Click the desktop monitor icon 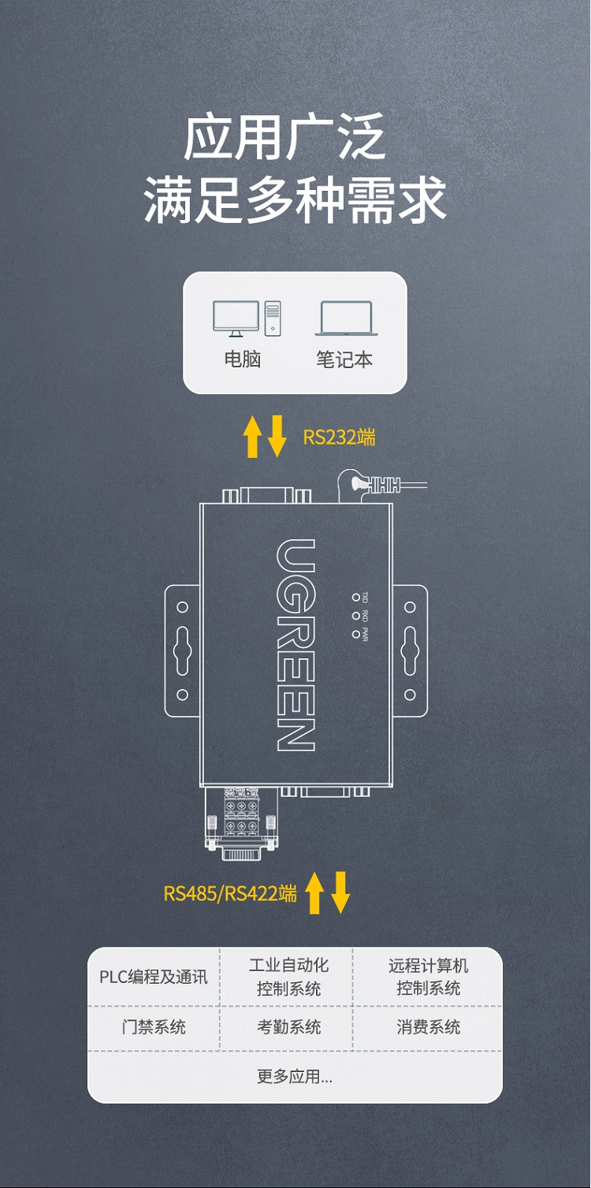click(x=236, y=318)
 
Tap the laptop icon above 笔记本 click(x=346, y=318)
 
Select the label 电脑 click(x=242, y=359)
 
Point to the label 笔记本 click(x=344, y=360)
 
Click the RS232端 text click(x=339, y=437)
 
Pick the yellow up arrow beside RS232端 click(x=252, y=437)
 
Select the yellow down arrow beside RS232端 click(x=277, y=437)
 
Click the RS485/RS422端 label click(x=230, y=893)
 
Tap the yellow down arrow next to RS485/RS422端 click(x=340, y=893)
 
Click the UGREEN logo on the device click(x=295, y=644)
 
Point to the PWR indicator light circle click(x=356, y=634)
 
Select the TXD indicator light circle click(x=356, y=598)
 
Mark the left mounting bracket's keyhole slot click(x=182, y=651)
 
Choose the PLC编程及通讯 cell click(x=154, y=978)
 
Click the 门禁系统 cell click(x=154, y=1027)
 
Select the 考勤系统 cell click(x=288, y=1027)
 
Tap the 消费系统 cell click(x=428, y=1027)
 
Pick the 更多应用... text click(x=295, y=1076)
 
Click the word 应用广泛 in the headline click(x=284, y=138)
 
